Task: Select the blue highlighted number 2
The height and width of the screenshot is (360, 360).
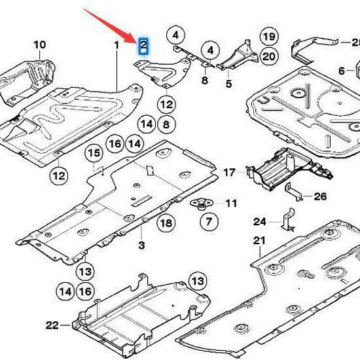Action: [143, 45]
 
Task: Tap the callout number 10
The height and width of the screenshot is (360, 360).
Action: [39, 45]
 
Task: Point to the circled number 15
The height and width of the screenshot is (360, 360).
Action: [95, 153]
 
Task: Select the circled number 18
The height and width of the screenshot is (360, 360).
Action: [166, 223]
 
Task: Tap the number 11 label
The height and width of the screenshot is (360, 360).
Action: [231, 204]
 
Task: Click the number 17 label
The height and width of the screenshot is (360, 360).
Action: [229, 173]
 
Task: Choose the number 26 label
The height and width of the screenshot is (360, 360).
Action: [319, 196]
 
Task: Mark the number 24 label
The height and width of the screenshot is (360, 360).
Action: [260, 221]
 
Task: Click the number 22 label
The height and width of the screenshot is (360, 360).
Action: [52, 325]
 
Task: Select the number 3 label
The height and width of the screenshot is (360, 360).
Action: [141, 245]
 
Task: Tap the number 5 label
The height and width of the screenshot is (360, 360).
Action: [228, 84]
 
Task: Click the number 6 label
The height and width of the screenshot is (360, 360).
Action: [342, 71]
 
